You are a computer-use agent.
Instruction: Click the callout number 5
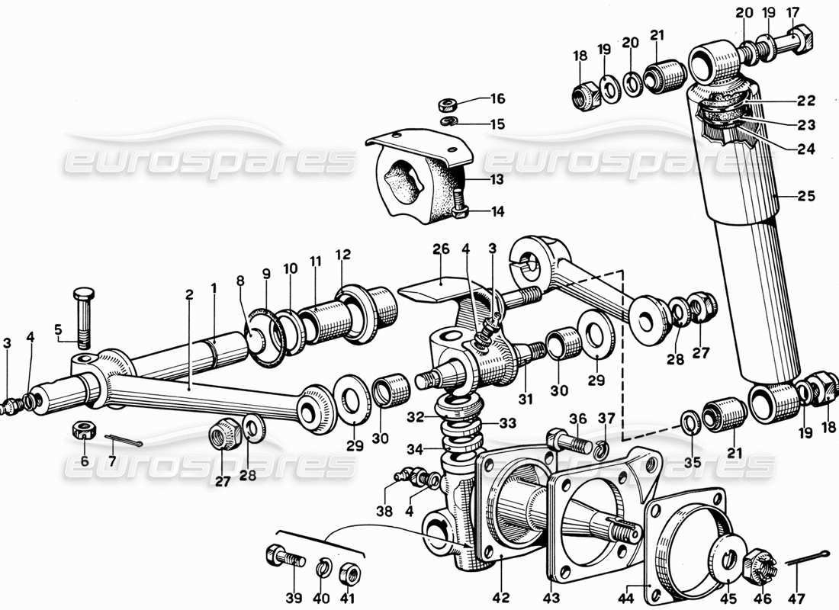pyautogui.click(x=58, y=329)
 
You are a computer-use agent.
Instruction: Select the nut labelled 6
pyautogui.click(x=83, y=430)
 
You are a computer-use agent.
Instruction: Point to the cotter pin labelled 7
pyautogui.click(x=122, y=441)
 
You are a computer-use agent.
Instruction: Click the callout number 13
pyautogui.click(x=497, y=180)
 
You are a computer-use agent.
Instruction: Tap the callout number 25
pyautogui.click(x=807, y=196)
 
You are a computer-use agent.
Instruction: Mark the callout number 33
pyautogui.click(x=508, y=423)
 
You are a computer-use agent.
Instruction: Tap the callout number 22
pyautogui.click(x=807, y=101)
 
